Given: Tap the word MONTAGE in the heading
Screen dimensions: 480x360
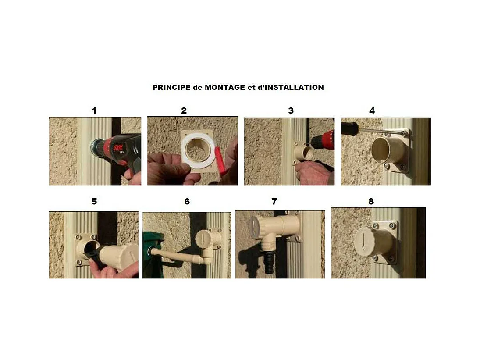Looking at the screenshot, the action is pyautogui.click(x=225, y=87).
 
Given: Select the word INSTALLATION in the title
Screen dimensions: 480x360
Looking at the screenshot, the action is pyautogui.click(x=294, y=87).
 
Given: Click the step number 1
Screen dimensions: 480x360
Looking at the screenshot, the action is pyautogui.click(x=94, y=110).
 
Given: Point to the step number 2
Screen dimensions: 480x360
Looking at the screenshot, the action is pyautogui.click(x=184, y=110).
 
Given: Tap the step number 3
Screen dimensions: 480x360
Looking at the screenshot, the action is pyautogui.click(x=291, y=110).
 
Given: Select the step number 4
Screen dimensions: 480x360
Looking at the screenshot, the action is pyautogui.click(x=372, y=110).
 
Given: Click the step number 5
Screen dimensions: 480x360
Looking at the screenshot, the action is pyautogui.click(x=94, y=201).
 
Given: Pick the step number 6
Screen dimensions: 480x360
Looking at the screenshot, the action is pyautogui.click(x=187, y=201).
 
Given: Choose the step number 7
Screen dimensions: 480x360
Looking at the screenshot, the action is pyautogui.click(x=274, y=201).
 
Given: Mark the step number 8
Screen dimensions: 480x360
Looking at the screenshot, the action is pyautogui.click(x=371, y=201).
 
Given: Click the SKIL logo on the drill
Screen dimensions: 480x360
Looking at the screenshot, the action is pyautogui.click(x=118, y=149).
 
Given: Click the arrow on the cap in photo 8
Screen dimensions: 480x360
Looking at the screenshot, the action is pyautogui.click(x=363, y=242).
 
